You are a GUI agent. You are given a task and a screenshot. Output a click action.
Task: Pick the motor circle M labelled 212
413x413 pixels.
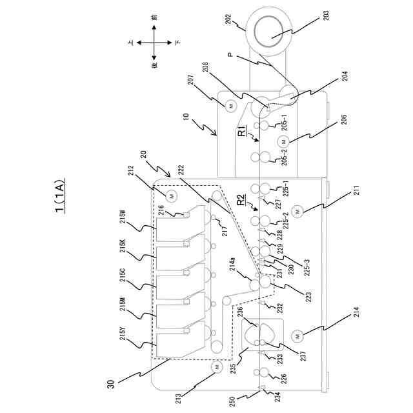(x=171, y=195)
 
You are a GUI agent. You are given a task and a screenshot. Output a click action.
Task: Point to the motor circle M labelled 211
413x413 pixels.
(x=298, y=211)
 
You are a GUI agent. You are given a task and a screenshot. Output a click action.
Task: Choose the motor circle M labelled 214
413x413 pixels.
(x=298, y=336)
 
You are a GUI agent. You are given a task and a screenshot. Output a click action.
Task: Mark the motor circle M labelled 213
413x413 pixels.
(x=215, y=367)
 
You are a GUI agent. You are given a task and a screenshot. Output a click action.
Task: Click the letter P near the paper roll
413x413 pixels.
(x=230, y=55)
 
